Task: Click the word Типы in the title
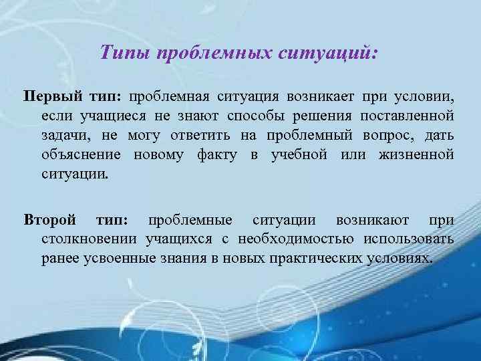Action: (124, 52)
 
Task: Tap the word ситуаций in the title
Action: (328, 52)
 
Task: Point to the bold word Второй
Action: (50, 219)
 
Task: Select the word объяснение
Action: (80, 155)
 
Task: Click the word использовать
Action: (410, 239)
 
